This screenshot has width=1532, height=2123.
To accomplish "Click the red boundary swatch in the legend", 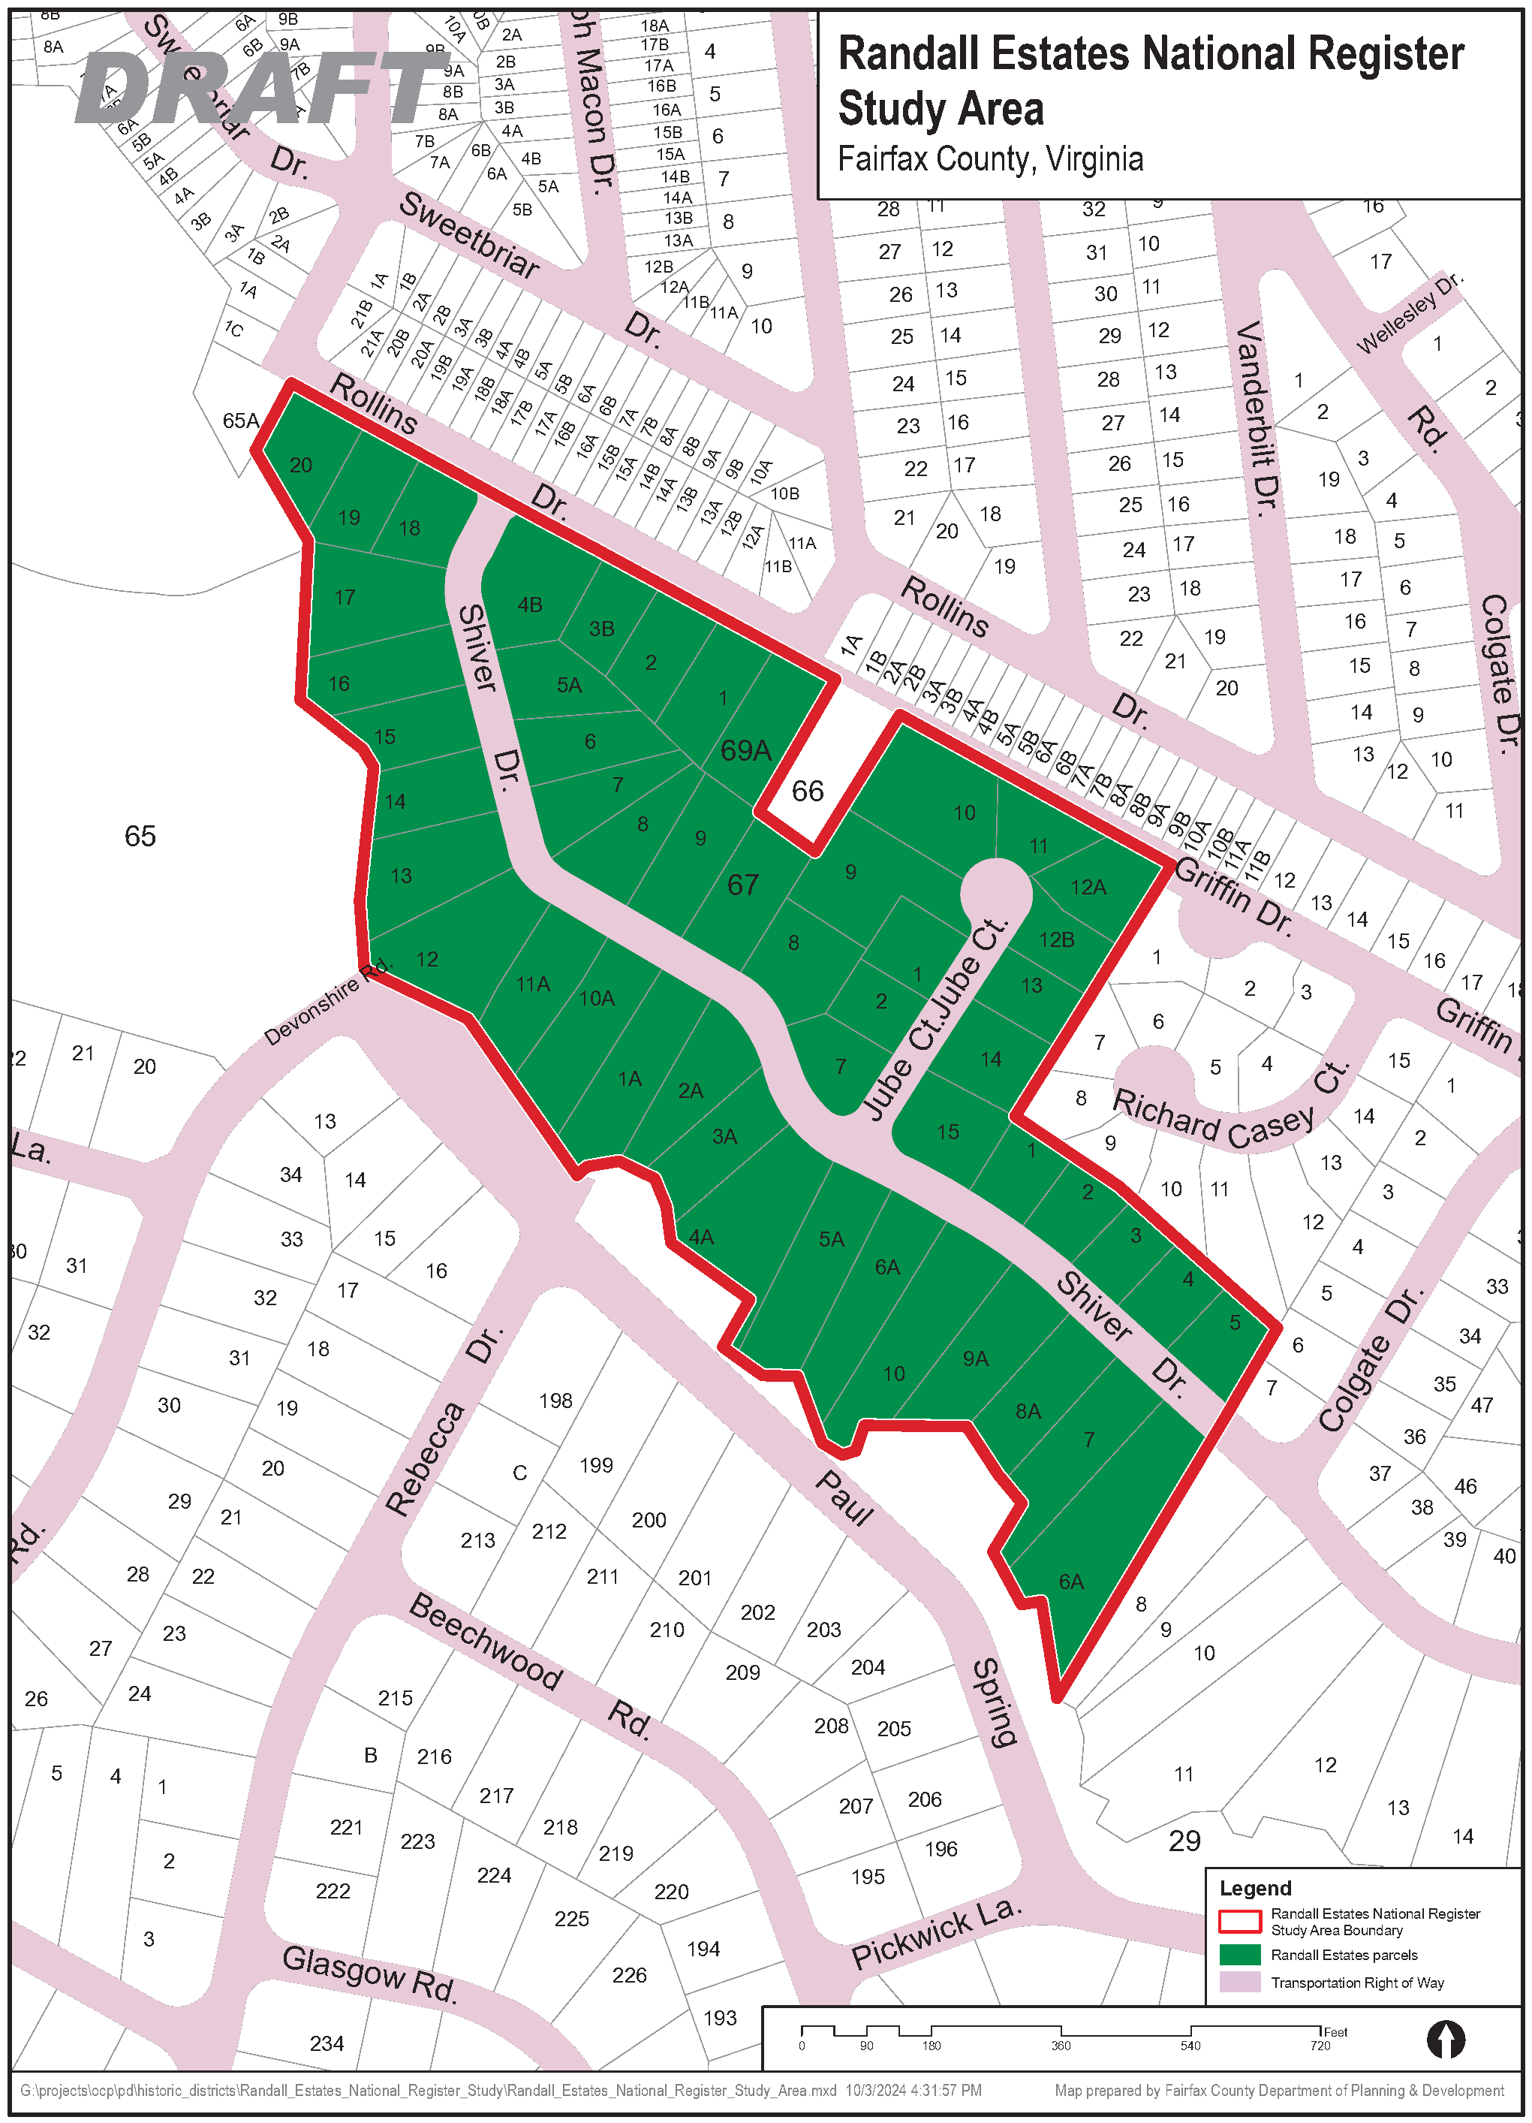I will pyautogui.click(x=1239, y=1922).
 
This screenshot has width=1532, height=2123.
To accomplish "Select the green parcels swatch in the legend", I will pyautogui.click(x=1239, y=1955).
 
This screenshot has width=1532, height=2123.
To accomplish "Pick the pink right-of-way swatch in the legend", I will pyautogui.click(x=1239, y=1983).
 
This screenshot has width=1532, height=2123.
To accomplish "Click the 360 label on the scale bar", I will pyautogui.click(x=1061, y=2046).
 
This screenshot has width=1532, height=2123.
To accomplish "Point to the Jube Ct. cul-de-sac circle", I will pyautogui.click(x=997, y=893).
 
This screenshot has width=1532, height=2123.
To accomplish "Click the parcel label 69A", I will pyautogui.click(x=746, y=749).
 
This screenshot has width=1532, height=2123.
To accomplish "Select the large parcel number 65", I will pyautogui.click(x=140, y=836).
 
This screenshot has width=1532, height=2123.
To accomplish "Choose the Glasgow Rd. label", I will pyautogui.click(x=369, y=1975).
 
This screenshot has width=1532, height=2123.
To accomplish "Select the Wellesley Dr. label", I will pyautogui.click(x=1408, y=314).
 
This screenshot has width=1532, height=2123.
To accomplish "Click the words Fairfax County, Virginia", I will pyautogui.click(x=990, y=159).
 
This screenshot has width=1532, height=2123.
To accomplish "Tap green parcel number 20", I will pyautogui.click(x=300, y=465).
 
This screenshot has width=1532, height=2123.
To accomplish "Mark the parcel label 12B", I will pyautogui.click(x=1057, y=939).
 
